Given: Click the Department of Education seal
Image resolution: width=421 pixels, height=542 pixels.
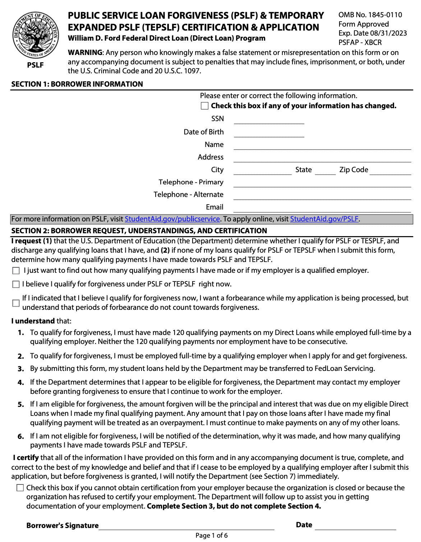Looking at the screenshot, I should click(35, 35).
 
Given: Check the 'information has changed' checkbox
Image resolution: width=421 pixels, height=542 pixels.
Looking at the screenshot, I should click(205, 106).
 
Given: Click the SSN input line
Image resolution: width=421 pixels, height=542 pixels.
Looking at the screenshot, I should click(269, 120).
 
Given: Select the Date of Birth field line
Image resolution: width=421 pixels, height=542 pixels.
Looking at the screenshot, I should click(269, 133).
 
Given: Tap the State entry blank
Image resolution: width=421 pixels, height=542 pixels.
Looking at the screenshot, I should click(325, 171).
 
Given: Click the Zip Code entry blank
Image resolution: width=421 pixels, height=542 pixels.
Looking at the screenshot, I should click(390, 171).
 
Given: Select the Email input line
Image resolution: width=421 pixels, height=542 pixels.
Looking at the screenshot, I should click(322, 208).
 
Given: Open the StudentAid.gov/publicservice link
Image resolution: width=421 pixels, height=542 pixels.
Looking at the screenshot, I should click(172, 219).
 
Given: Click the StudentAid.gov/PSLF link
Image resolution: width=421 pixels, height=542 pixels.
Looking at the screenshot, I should click(324, 219).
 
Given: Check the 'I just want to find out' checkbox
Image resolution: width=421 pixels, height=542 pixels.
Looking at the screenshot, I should click(16, 271).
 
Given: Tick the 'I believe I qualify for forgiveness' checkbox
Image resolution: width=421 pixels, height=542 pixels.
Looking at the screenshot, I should click(16, 284).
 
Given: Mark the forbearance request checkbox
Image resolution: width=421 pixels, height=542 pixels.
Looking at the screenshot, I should click(16, 303).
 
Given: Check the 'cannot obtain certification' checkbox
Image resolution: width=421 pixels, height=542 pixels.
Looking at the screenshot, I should click(20, 488).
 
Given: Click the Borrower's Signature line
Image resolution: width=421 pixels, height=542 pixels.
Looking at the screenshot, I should click(186, 526).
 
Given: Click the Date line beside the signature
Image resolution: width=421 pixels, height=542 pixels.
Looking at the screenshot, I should click(355, 526).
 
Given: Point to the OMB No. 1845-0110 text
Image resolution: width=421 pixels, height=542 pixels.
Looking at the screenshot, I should click(370, 15).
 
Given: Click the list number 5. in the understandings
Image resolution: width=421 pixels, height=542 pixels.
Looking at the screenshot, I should click(21, 404).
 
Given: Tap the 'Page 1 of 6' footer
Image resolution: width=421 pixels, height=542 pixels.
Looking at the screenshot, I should click(211, 536).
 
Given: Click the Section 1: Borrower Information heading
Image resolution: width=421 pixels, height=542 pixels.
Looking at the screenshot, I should click(77, 84).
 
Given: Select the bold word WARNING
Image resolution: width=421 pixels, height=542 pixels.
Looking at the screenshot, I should click(85, 52).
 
